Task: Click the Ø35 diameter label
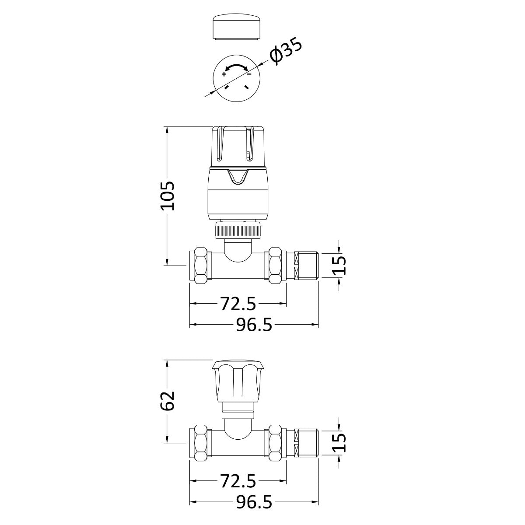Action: point(286,52)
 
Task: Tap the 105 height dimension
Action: point(167,196)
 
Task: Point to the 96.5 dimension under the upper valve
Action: point(254,325)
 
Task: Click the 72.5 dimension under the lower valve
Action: point(238,481)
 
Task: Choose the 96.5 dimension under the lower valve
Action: point(254,502)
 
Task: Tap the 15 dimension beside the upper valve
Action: point(339,265)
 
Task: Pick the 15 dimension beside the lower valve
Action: point(339,442)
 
